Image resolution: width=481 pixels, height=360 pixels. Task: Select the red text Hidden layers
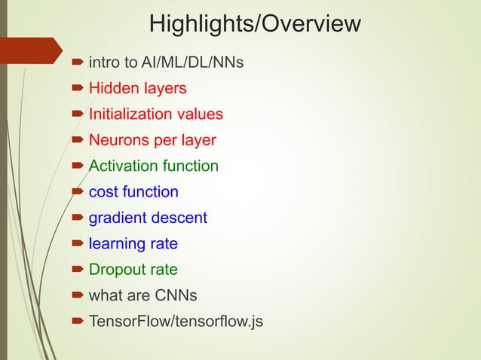[x=137, y=89]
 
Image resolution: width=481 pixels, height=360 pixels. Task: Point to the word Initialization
[x=131, y=114]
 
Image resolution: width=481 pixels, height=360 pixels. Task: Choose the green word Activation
[x=122, y=166]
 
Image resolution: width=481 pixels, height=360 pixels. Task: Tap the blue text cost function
[x=133, y=192]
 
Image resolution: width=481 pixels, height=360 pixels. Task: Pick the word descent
[x=180, y=218]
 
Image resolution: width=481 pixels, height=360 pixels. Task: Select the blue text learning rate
[x=133, y=244]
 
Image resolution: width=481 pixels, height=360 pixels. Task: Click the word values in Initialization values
[x=200, y=114]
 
